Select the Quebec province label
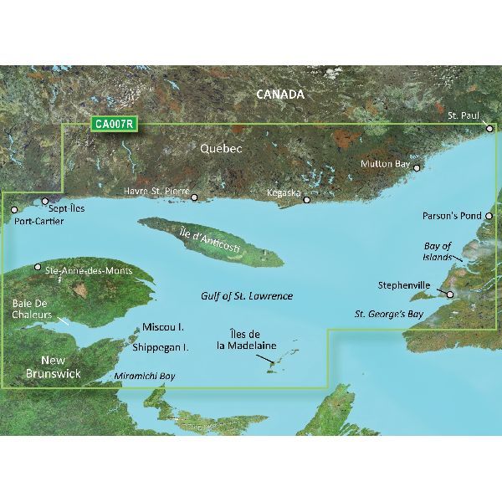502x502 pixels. (x=221, y=148)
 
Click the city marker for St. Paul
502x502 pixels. (x=491, y=129)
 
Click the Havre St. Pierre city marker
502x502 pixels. (x=195, y=198)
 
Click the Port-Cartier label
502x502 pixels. (x=31, y=222)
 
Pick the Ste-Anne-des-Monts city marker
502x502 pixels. (x=37, y=268)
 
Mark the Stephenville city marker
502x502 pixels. (x=450, y=295)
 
